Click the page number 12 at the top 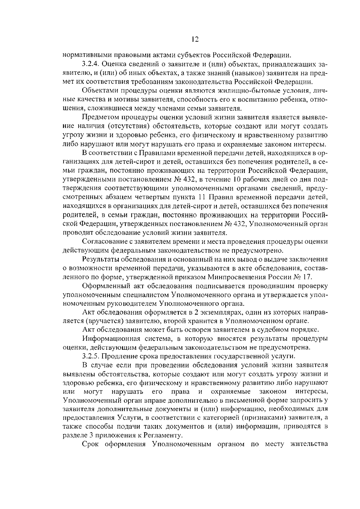[195, 40]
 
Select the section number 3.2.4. [91, 64]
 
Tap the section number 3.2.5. [91, 356]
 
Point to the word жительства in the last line [309, 444]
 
